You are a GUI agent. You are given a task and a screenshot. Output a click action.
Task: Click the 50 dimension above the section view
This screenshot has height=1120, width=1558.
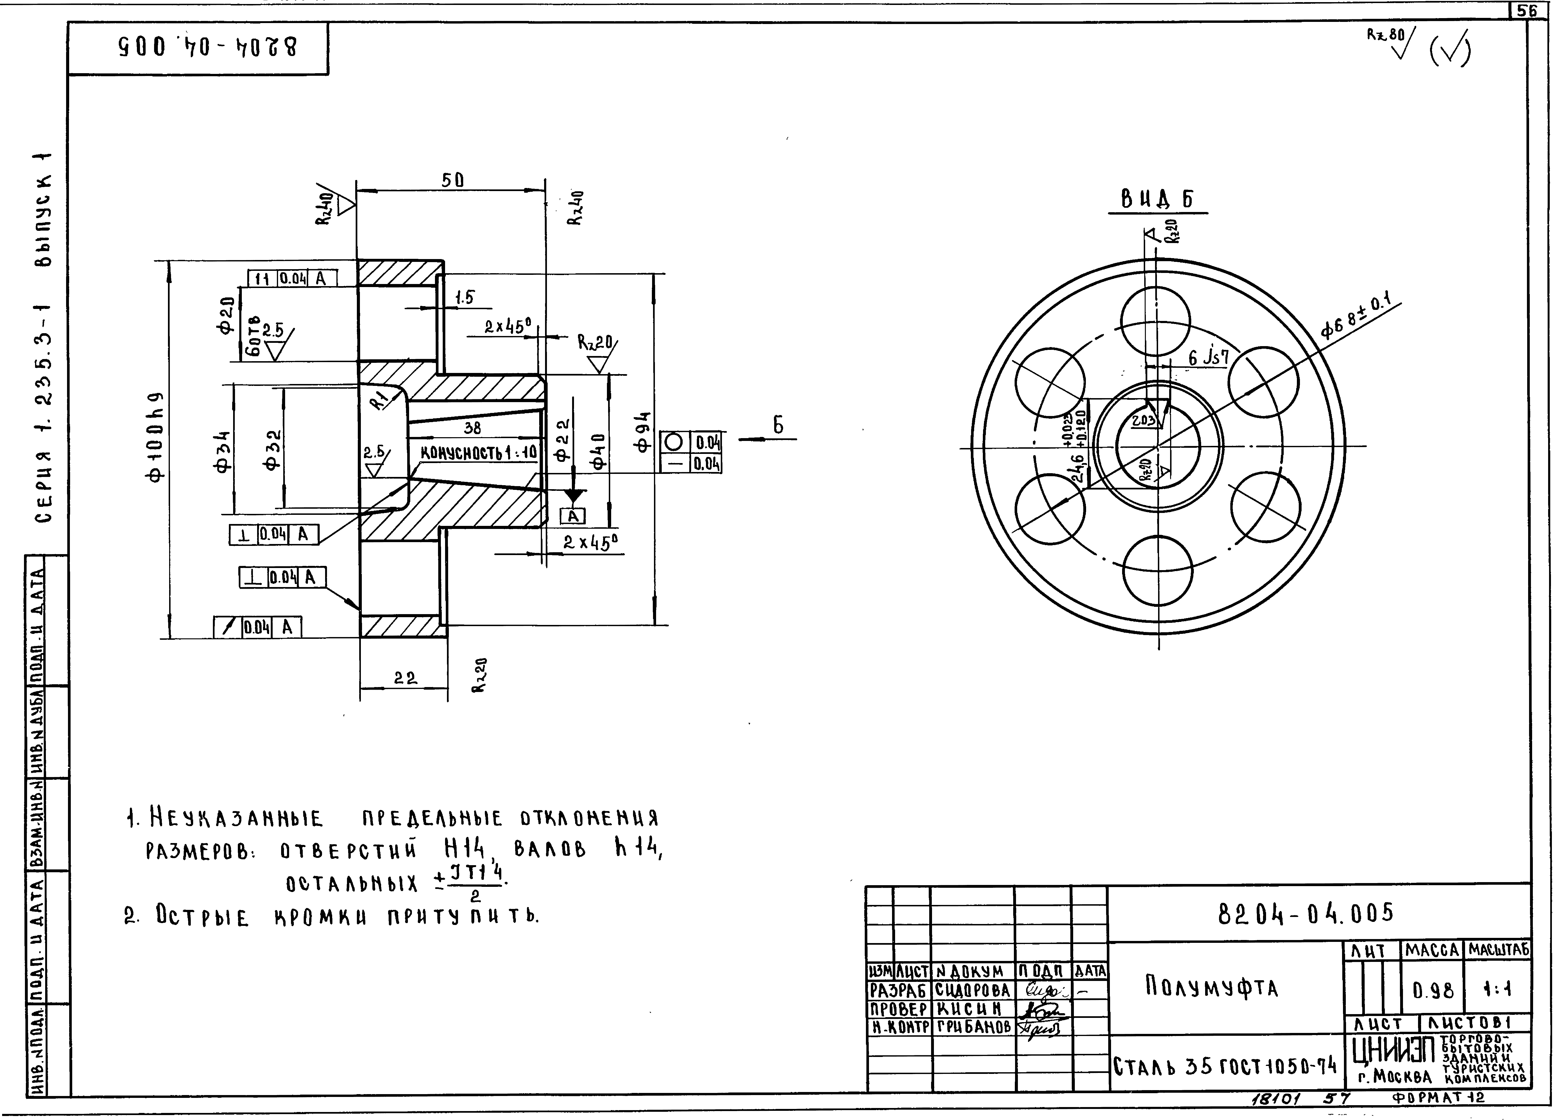[452, 180]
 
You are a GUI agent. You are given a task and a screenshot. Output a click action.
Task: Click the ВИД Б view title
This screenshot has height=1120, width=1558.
[1157, 200]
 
